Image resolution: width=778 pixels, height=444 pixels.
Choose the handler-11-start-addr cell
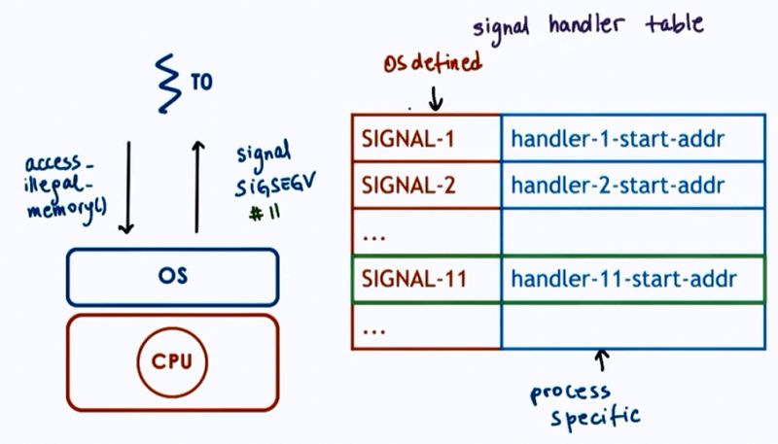(x=622, y=279)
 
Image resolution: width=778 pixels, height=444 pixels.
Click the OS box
(x=171, y=276)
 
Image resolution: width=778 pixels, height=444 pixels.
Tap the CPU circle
(x=171, y=361)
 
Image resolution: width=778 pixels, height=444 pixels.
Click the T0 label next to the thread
(x=201, y=83)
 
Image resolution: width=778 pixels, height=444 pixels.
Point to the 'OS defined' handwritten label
(x=433, y=65)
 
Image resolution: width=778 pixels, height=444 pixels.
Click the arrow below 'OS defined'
(x=436, y=96)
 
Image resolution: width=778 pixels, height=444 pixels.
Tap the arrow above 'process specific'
(x=603, y=362)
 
